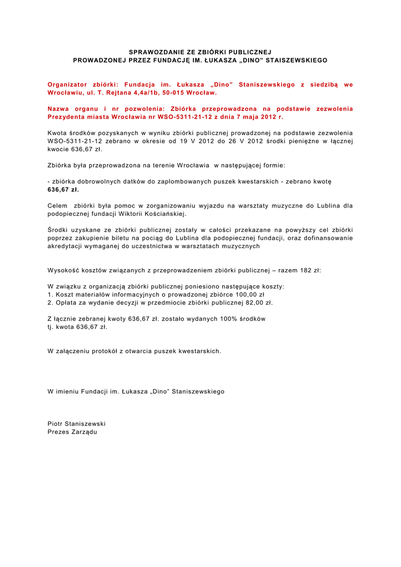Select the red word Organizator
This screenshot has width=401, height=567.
(68, 84)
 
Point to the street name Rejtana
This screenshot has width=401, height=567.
(124, 92)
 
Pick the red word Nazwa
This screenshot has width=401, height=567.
(59, 109)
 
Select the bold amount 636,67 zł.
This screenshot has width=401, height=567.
(63, 189)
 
